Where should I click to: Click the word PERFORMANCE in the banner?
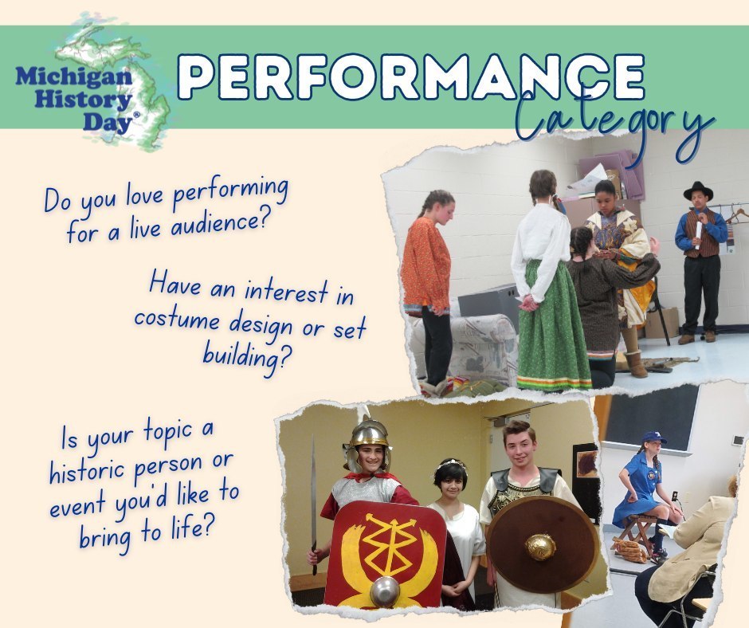coord(410,79)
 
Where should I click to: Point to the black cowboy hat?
coord(698,191)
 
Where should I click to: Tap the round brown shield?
coord(541,544)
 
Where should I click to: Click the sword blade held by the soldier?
coord(313,494)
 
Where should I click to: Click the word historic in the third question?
coord(88,471)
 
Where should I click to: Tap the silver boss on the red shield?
coord(384,591)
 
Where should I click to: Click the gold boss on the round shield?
coord(541,546)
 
